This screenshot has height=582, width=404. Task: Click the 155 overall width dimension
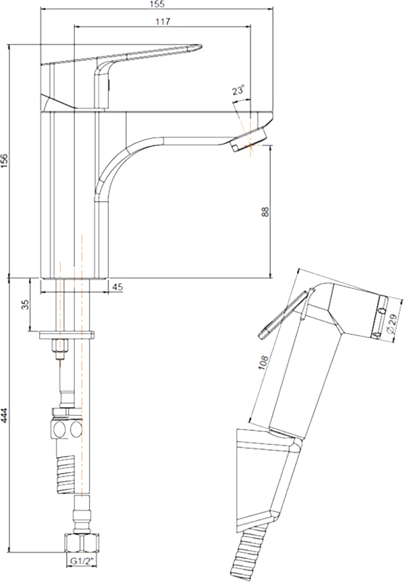coord(158,4)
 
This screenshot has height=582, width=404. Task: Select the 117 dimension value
coord(163,22)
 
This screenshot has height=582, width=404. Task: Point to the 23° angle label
coord(238,90)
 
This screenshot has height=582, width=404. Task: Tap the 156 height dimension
coord(4,161)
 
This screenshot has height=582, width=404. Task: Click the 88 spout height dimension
coord(265,211)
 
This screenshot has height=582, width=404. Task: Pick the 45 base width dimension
coord(117,287)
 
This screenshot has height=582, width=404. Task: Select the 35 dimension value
coord(25,305)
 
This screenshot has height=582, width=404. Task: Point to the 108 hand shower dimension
coord(263,362)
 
